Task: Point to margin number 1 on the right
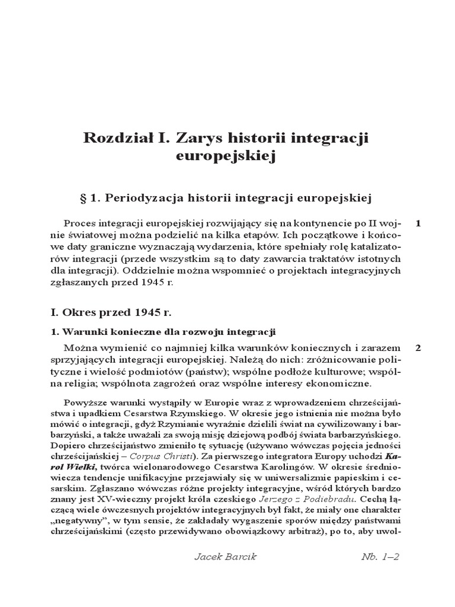(418, 223)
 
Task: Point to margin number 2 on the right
(418, 347)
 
